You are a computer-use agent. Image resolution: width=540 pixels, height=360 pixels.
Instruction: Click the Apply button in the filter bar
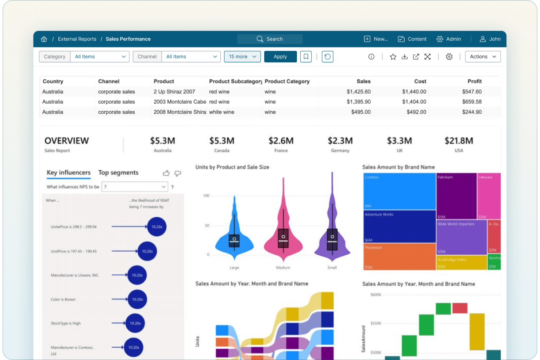coord(280,57)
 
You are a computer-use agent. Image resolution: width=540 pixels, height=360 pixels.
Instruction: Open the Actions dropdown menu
coord(483,57)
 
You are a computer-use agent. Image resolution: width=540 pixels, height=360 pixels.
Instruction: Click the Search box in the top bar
coord(270,39)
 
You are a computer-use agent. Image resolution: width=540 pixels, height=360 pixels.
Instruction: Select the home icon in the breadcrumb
coord(44,39)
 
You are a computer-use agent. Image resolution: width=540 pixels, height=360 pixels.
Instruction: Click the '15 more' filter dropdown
coord(242,57)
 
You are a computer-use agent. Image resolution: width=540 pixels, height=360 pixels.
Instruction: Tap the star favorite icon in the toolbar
coord(393,57)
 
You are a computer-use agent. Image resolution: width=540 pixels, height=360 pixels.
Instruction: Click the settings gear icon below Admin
coord(449,57)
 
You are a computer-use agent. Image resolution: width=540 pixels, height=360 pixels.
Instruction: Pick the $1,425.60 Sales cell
coord(358,92)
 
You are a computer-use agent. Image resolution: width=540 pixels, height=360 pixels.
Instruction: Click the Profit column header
coord(474,81)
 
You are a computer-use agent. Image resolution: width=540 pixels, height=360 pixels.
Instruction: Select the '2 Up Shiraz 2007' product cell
coord(174,92)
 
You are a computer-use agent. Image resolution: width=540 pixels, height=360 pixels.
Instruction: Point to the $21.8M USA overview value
coord(459,141)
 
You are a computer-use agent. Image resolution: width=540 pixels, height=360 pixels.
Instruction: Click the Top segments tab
coord(118,173)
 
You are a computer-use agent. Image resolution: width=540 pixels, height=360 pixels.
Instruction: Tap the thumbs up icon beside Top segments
coord(166,173)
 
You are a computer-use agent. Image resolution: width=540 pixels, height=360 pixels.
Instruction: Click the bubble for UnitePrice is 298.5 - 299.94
coord(157,227)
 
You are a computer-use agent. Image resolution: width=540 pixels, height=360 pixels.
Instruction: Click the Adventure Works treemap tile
coord(400,226)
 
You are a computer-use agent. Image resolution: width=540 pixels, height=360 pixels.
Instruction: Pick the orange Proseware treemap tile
coord(400,256)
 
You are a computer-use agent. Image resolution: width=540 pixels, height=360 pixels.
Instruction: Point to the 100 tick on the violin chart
coord(206,196)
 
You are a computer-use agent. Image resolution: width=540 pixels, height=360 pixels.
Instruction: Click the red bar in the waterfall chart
coord(460,308)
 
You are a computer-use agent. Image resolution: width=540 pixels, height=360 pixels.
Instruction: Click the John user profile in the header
coord(490,39)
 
